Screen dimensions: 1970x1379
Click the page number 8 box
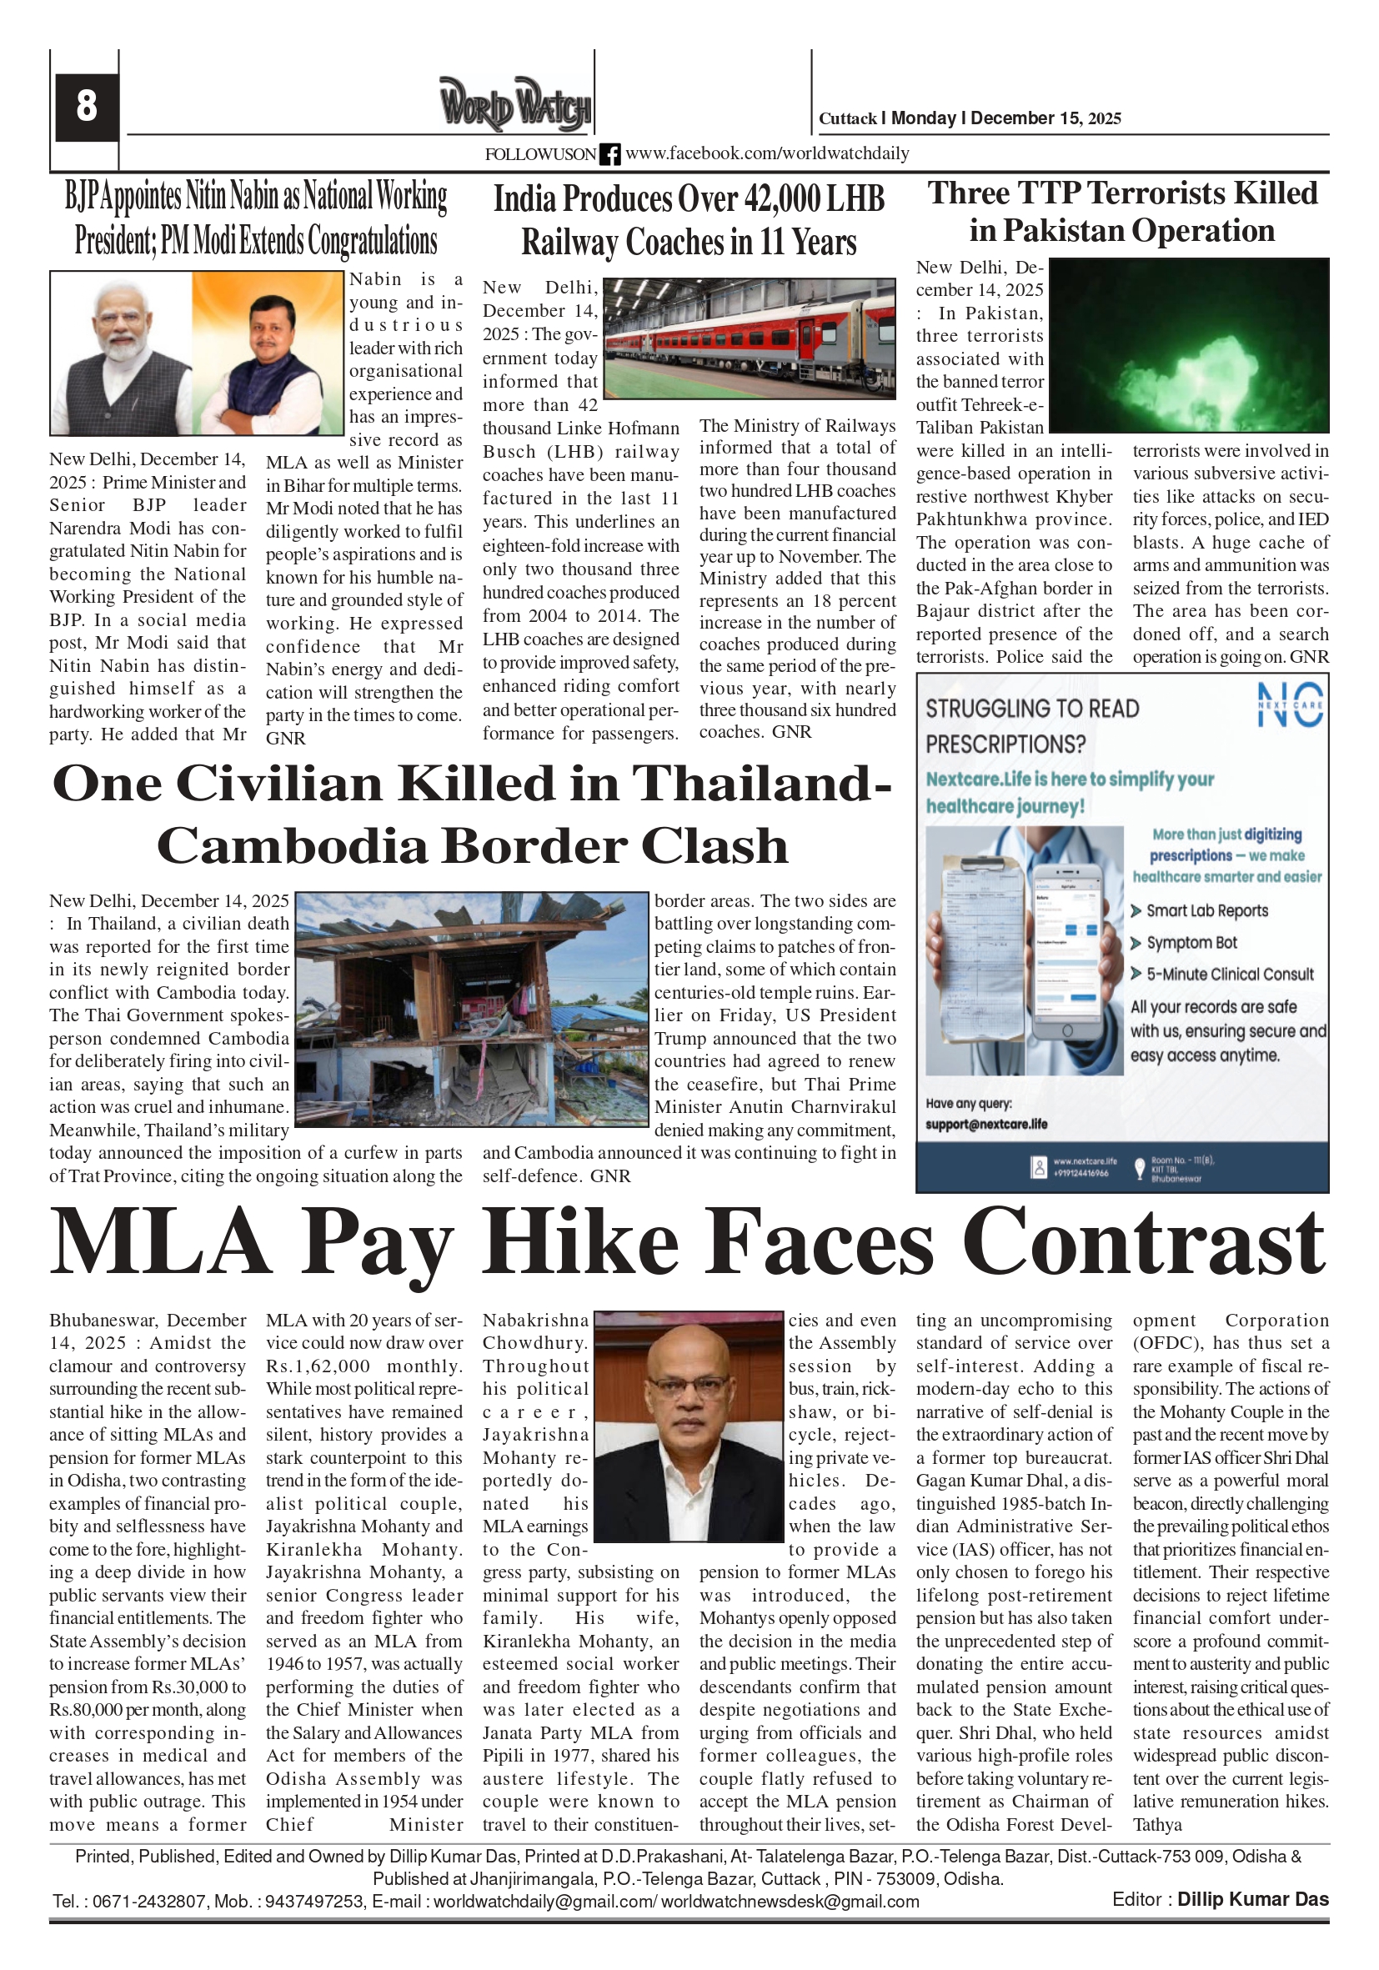[86, 107]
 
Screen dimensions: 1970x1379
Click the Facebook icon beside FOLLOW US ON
[609, 154]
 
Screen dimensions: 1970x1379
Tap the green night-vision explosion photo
[1189, 345]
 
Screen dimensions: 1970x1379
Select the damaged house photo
[471, 1009]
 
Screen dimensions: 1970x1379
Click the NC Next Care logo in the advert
[1291, 704]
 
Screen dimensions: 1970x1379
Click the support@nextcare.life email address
[986, 1124]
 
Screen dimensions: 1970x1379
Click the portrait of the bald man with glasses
[689, 1425]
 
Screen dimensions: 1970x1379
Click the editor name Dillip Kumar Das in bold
[1252, 1899]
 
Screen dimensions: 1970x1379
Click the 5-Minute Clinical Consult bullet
[1229, 974]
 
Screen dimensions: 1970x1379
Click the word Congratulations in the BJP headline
[373, 241]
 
